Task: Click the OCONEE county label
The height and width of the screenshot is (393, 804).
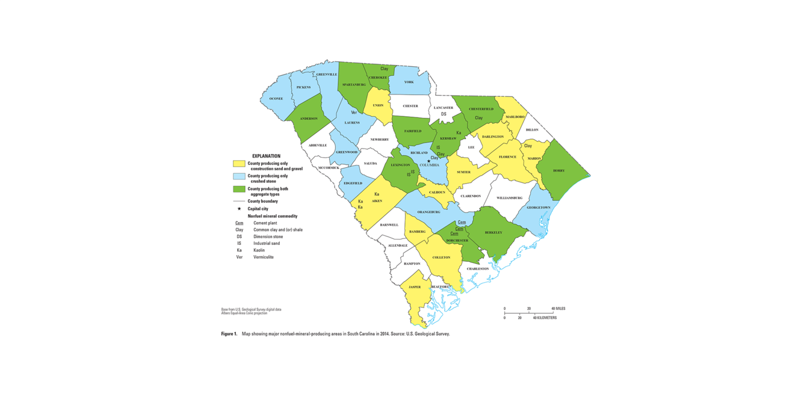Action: pos(276,99)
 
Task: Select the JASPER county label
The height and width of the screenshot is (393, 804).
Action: pos(415,287)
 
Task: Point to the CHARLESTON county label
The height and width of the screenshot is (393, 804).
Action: pos(478,268)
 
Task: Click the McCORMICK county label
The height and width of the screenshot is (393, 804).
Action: pos(329,168)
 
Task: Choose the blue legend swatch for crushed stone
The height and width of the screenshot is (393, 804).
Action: pos(239,178)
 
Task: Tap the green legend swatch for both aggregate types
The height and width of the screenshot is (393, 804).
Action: pos(239,190)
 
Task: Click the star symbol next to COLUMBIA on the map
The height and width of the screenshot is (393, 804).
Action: pos(428,161)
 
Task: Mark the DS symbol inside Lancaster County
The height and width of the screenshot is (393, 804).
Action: pos(444,114)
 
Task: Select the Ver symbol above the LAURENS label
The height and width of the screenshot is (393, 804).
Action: pos(354,113)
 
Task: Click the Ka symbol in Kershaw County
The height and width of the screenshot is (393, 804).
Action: pos(459,132)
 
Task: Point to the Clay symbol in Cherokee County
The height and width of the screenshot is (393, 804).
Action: pos(384,69)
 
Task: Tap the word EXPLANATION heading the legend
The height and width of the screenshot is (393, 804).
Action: pos(266,156)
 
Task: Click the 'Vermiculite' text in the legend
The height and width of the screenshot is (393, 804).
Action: pos(264,257)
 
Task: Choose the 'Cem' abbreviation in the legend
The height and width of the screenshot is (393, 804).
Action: pos(239,223)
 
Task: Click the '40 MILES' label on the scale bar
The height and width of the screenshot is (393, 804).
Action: pos(558,308)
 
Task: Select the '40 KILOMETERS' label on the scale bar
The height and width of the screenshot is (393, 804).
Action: pos(545,318)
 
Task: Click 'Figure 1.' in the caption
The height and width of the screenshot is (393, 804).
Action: pos(229,333)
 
